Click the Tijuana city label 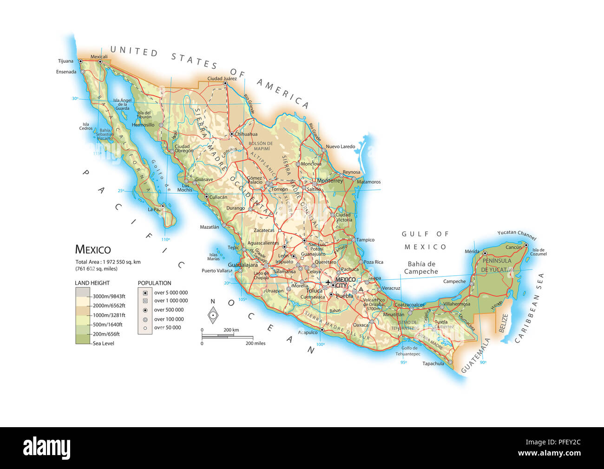pyautogui.click(x=66, y=61)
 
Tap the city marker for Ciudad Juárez pyautogui.click(x=225, y=84)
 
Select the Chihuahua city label pyautogui.click(x=246, y=134)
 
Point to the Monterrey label pyautogui.click(x=329, y=181)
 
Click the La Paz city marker pyautogui.click(x=163, y=206)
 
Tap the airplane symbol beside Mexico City pyautogui.click(x=328, y=282)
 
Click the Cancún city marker pyautogui.click(x=526, y=245)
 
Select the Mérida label pyautogui.click(x=472, y=251)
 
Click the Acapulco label pyautogui.click(x=308, y=332)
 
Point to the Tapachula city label pyautogui.click(x=433, y=363)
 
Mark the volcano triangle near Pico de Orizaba pyautogui.click(x=361, y=289)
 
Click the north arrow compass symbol pyautogui.click(x=213, y=315)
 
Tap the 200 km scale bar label pyautogui.click(x=231, y=330)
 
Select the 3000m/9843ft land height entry pyautogui.click(x=109, y=296)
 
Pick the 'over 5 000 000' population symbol pyautogui.click(x=145, y=292)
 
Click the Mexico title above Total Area pyautogui.click(x=93, y=250)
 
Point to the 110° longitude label pyautogui.click(x=165, y=239)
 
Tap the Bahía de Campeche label pyautogui.click(x=421, y=268)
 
